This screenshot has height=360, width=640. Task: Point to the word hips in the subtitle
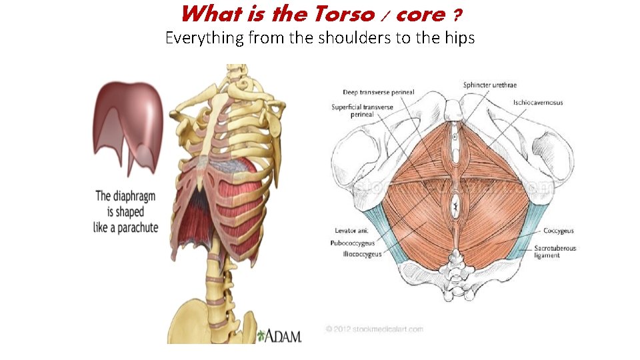459,37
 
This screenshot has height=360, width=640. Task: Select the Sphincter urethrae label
489,85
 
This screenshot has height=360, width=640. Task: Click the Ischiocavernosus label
537,103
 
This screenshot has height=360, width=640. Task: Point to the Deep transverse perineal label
379,92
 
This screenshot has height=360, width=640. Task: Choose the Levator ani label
349,231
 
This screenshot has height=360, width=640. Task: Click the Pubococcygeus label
353,243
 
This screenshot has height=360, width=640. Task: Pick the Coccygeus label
558,231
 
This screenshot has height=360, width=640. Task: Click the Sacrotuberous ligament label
555,251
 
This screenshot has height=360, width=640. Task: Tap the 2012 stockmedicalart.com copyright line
375,329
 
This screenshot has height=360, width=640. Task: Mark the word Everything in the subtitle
205,37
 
